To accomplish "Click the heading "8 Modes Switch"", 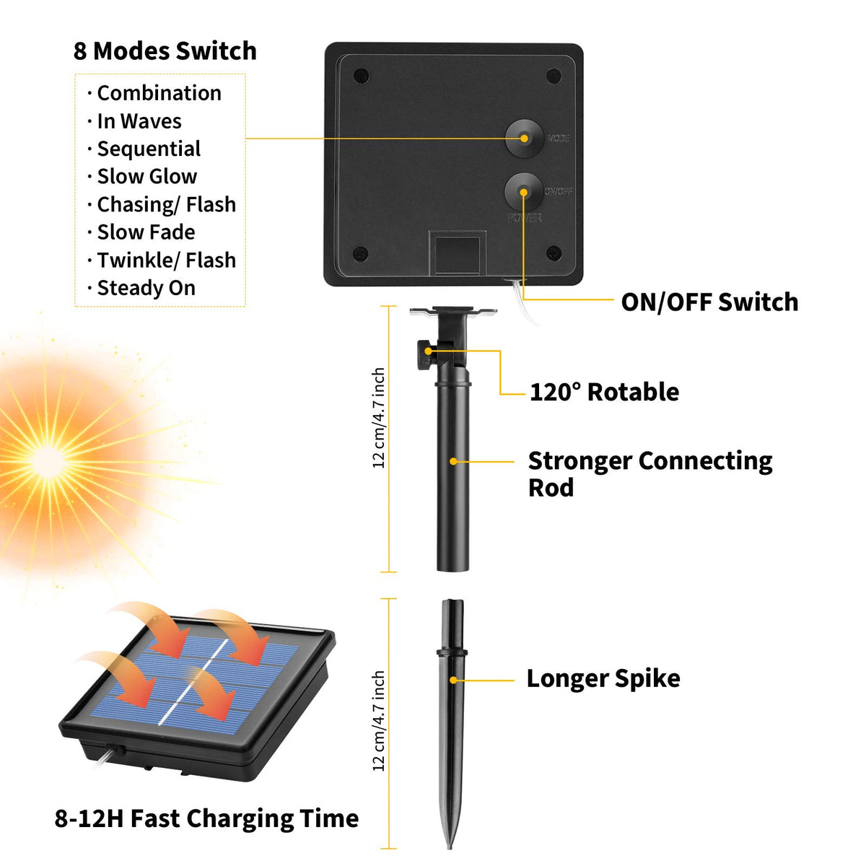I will point(165,51).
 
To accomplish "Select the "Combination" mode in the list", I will point(159,93).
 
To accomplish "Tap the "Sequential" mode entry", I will point(149,149).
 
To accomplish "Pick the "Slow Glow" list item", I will point(146,177).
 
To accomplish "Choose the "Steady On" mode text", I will point(146,288).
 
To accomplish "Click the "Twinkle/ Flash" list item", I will point(166,260).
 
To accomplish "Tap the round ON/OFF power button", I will point(523,192).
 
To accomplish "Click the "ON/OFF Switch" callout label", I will point(709,302).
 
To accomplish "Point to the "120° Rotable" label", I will point(604,392).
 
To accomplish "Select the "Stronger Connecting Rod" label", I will point(649,473).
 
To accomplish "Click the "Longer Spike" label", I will point(603,678).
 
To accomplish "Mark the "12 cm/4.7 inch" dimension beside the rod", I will point(379,418).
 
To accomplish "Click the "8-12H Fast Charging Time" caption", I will point(206,818).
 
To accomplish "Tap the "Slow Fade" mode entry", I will point(146,232).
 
